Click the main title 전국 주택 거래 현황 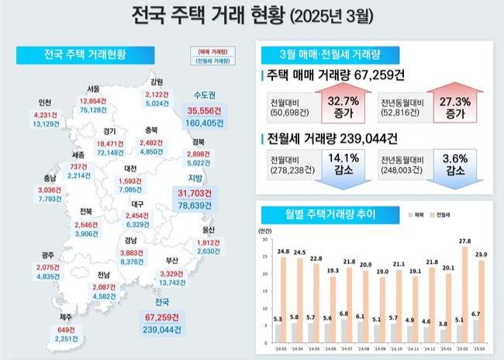209,15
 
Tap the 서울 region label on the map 92,89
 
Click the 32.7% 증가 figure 341,106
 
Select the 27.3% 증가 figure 454,106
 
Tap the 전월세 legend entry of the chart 443,213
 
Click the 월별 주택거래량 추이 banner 320,213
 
